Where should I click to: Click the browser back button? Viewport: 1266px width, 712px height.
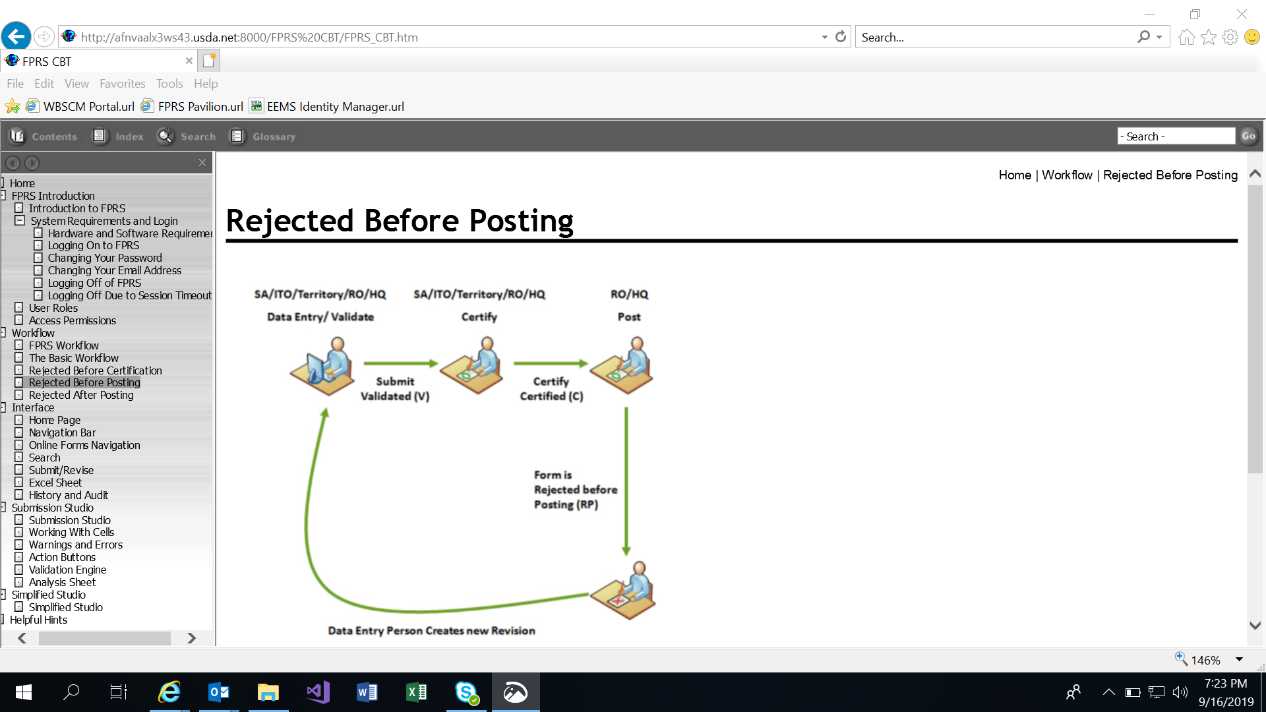coord(16,36)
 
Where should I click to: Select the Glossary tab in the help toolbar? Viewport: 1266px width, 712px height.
coord(263,136)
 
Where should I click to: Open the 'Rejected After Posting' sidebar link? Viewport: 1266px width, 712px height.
coord(81,395)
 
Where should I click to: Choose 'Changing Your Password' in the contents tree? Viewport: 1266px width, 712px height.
coord(104,258)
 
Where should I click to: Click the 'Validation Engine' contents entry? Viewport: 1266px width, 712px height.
coord(67,570)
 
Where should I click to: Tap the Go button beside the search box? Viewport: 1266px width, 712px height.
coord(1248,136)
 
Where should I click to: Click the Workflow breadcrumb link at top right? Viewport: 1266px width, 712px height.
coord(1067,175)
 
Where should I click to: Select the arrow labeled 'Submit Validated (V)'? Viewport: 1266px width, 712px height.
coord(400,363)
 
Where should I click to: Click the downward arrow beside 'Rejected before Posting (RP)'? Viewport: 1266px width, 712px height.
coord(626,481)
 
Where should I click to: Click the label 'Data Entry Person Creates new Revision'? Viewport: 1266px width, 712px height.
coord(431,631)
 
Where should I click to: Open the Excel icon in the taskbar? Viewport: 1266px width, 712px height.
coord(417,692)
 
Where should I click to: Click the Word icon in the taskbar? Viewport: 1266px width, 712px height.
coord(367,692)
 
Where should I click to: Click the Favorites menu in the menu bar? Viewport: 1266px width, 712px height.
coord(122,84)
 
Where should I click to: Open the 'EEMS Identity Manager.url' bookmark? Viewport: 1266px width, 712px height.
coord(335,107)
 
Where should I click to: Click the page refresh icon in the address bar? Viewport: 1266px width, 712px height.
coord(841,37)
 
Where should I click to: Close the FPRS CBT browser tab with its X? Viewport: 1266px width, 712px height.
coord(189,61)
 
